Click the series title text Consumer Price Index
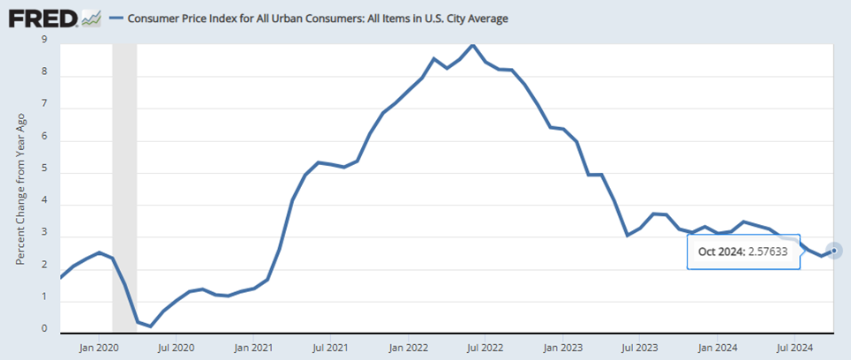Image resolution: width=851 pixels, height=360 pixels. coord(319,18)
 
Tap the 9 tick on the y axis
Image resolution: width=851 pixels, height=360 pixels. coord(45,40)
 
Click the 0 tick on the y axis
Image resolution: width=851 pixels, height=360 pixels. coord(45,329)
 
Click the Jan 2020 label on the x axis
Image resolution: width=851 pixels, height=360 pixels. coord(99,348)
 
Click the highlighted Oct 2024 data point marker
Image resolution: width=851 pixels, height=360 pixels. coord(834,250)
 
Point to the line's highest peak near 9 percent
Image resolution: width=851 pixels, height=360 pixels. coord(473,45)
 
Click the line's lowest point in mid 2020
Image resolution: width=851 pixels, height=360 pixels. coord(151,326)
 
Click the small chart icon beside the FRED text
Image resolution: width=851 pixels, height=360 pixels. coord(91,17)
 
